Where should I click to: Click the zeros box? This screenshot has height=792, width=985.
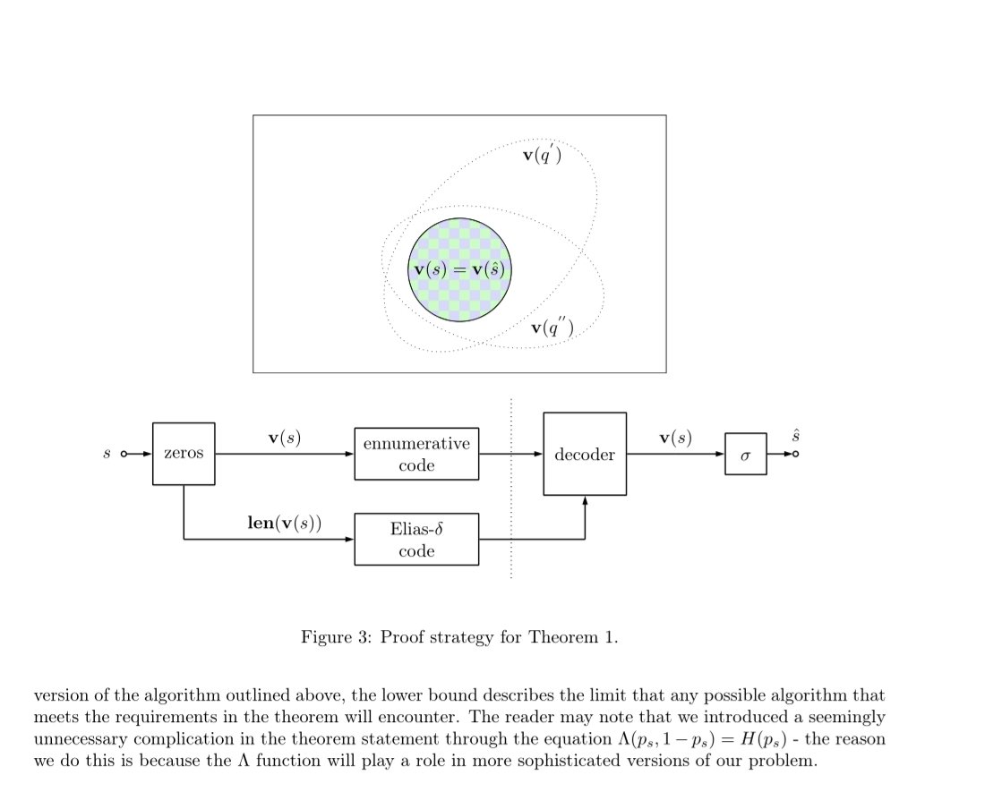[184, 454]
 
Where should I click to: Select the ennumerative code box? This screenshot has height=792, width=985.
[416, 455]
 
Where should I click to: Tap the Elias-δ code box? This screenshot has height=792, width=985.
[416, 540]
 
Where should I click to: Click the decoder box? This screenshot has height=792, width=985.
[585, 454]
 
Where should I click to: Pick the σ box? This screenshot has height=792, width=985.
[745, 455]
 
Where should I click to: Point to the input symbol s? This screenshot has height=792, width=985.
[107, 455]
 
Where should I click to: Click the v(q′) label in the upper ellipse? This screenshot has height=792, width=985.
[541, 156]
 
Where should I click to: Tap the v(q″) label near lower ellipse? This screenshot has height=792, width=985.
[552, 328]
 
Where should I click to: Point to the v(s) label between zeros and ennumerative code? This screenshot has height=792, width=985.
[285, 438]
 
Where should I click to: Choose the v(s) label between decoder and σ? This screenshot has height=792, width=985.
[675, 438]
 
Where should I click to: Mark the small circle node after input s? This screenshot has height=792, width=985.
[125, 455]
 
